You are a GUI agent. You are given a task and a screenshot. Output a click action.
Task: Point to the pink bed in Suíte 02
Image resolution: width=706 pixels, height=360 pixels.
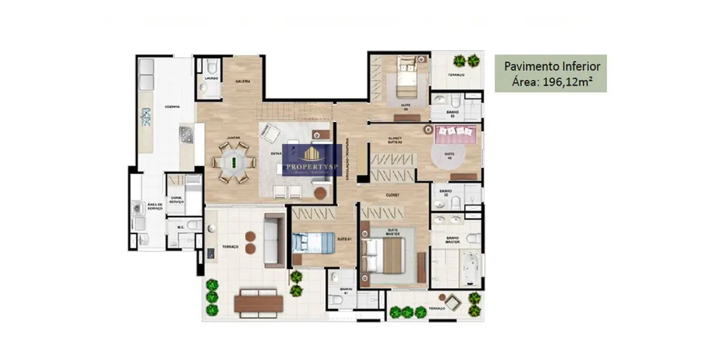coord(456,133)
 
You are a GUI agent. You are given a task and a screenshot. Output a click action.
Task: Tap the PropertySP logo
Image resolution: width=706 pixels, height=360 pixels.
coord(312,160)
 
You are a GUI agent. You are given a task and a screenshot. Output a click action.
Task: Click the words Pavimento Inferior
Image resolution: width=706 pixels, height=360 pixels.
coord(551,66)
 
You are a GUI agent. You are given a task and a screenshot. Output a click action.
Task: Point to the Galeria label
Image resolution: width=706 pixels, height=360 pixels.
coord(243,81)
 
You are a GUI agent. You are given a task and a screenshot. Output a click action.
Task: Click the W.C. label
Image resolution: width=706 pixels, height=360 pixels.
coord(181,227)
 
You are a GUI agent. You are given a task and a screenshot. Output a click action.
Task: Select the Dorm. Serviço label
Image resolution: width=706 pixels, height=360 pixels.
coord(177,200)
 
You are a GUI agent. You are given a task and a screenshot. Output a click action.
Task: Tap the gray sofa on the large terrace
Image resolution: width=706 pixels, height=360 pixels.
coord(274,240)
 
